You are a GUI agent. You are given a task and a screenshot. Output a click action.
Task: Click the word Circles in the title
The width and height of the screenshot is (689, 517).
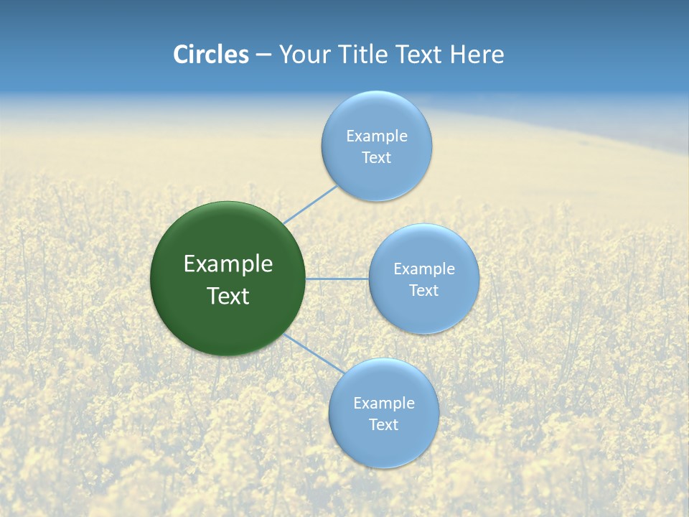(210, 55)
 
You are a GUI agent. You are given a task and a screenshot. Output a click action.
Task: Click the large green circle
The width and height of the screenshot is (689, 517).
(228, 323)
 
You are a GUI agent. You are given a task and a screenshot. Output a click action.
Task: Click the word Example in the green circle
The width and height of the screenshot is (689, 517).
(228, 264)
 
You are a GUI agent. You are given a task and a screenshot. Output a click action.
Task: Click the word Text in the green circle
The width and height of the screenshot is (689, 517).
(228, 296)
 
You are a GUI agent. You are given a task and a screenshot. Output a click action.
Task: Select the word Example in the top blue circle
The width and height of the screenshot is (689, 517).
(376, 136)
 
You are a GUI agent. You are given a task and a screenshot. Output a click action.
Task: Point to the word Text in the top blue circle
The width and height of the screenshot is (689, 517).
(376, 158)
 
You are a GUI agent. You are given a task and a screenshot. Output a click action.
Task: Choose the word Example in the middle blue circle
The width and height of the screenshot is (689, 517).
(423, 269)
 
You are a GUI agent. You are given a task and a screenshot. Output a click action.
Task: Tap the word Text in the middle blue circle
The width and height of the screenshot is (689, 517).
(423, 291)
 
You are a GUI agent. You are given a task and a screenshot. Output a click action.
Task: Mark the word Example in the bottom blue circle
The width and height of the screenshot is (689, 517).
(383, 404)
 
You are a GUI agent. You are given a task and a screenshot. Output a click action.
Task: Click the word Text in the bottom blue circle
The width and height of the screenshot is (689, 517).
(383, 425)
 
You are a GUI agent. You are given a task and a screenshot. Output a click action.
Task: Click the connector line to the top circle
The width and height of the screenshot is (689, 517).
(310, 204)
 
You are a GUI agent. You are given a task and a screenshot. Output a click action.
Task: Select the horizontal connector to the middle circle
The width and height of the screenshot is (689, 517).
(337, 279)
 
